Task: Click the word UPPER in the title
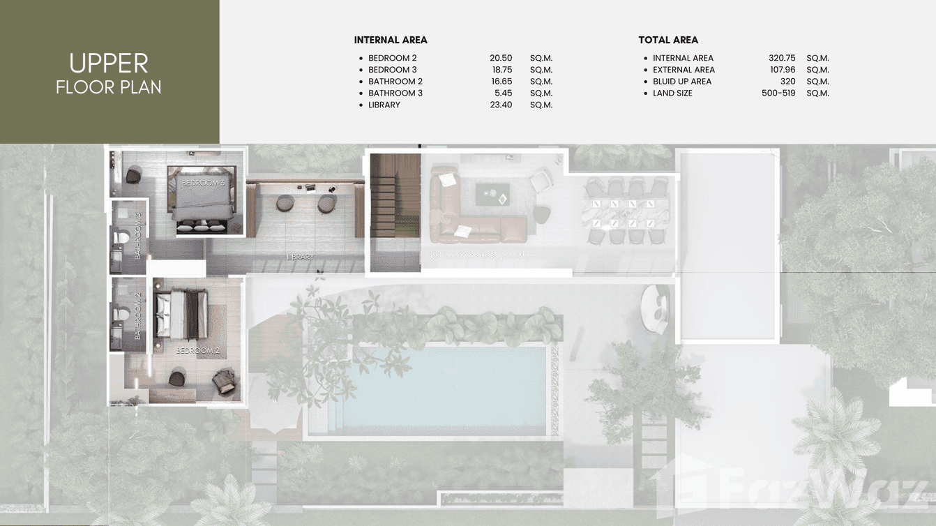109,63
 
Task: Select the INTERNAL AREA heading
391,40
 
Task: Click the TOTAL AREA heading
668,40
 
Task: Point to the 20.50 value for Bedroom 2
501,58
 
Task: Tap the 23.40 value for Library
501,105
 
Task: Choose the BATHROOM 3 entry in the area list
395,93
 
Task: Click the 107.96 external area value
782,70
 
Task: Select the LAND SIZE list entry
672,93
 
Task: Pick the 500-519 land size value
778,93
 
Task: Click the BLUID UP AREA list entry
682,82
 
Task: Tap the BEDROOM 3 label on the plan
203,183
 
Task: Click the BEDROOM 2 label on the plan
197,351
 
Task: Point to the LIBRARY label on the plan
300,257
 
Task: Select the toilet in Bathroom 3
120,237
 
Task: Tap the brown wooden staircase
395,213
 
